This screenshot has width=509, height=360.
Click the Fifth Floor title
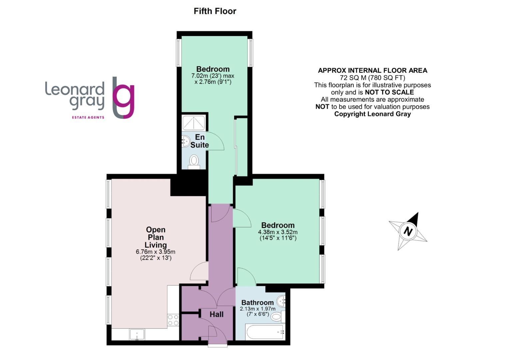tap(215, 11)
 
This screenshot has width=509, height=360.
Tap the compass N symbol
tap(408, 231)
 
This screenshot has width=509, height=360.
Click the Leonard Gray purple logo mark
tap(124, 98)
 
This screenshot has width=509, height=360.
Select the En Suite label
tap(200, 141)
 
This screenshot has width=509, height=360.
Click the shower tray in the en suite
tap(194, 123)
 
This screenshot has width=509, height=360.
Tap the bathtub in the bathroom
tap(264, 332)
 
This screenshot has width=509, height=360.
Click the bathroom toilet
tap(277, 316)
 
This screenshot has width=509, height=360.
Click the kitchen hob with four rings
tap(173, 320)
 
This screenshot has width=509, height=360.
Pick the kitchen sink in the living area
tap(137, 334)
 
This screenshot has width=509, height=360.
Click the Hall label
tap(217, 314)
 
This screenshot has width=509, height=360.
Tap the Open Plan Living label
tap(156, 237)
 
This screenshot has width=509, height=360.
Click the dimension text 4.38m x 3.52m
tap(278, 232)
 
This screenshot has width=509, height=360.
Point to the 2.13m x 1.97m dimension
tap(257, 309)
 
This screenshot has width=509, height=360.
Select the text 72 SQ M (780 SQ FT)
tap(372, 78)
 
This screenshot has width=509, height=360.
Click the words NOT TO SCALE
tap(389, 92)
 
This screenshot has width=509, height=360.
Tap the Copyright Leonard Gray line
tap(372, 114)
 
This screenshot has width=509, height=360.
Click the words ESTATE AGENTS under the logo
tap(88, 117)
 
